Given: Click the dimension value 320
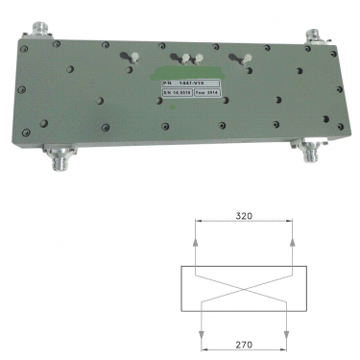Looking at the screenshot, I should [x=243, y=218].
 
